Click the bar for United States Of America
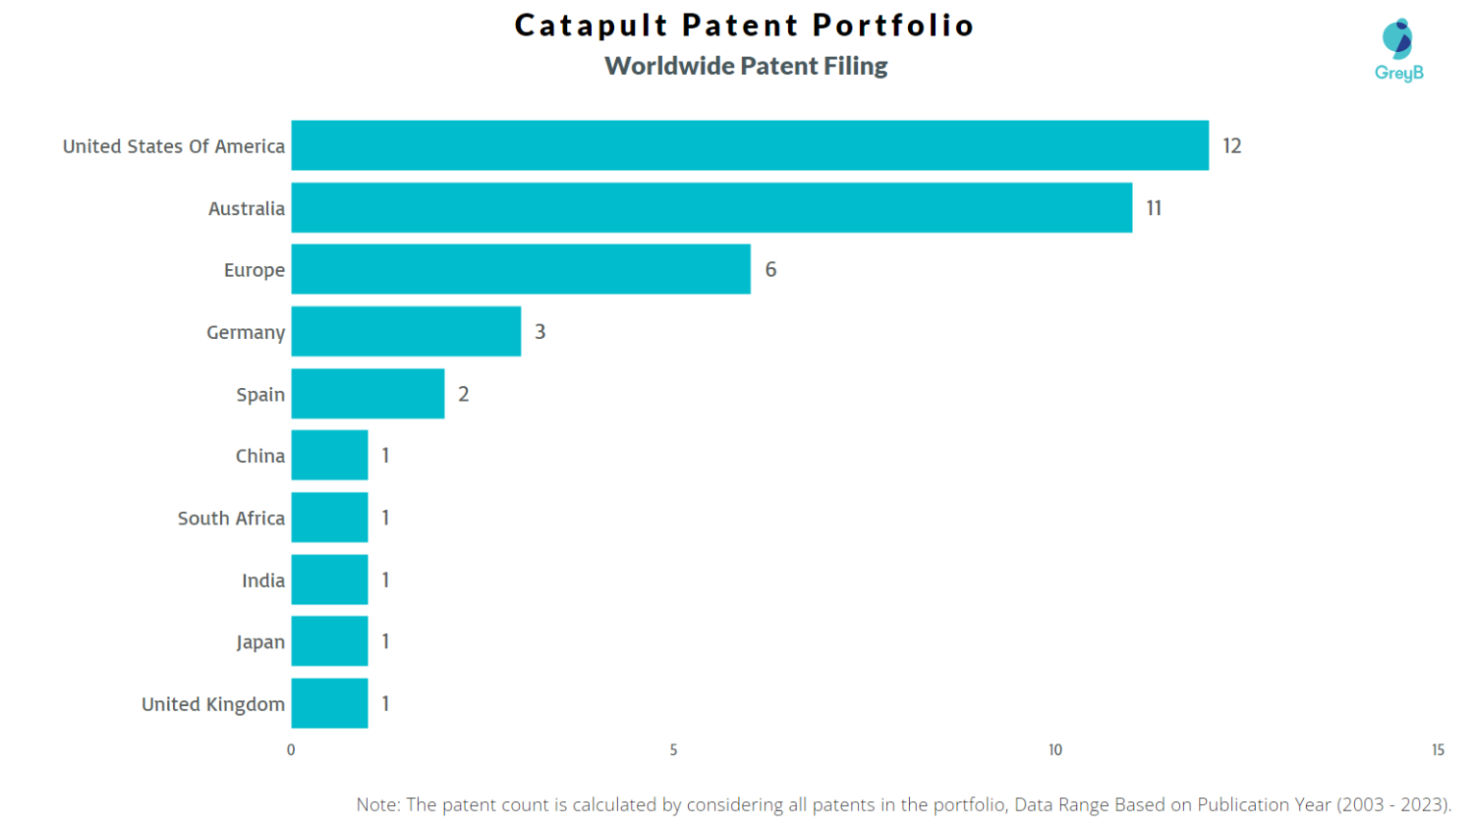coord(750,145)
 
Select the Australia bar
coord(711,207)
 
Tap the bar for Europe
coord(521,269)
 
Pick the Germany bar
coord(406,331)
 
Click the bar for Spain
coord(368,394)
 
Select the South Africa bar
coord(330,518)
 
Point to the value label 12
coord(1232,146)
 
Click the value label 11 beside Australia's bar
coord(1154,208)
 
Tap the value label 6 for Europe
coord(771,270)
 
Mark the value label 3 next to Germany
coord(540,332)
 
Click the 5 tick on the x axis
coord(674,750)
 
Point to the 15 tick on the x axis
coord(1438,750)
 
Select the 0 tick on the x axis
coord(291,750)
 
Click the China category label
coord(260,456)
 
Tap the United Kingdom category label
coord(213,704)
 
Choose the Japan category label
coord(260,642)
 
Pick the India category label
coord(263,580)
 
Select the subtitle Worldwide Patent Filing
coord(746,66)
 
